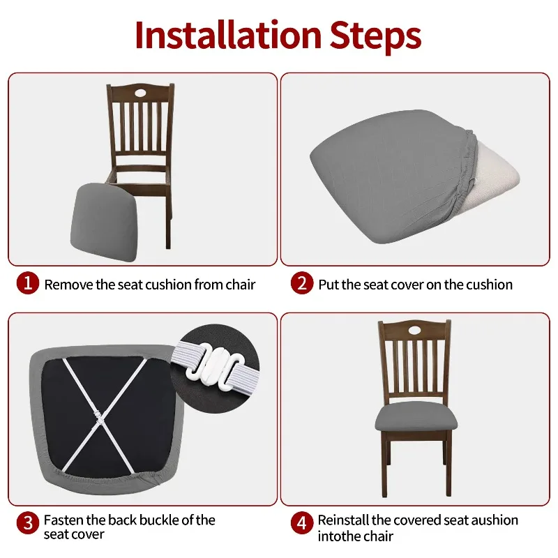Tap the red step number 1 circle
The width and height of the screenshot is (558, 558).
[28, 283]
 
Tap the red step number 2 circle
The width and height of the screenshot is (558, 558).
[302, 283]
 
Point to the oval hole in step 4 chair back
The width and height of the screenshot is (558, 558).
[414, 329]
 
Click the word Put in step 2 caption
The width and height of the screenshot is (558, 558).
[328, 285]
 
